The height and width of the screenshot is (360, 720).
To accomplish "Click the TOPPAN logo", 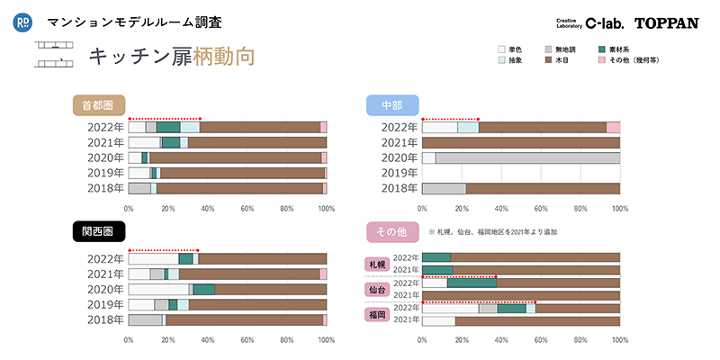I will tap(666, 23).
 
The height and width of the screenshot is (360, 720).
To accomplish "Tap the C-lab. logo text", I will tap(604, 23).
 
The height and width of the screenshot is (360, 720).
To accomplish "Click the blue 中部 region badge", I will tap(391, 104).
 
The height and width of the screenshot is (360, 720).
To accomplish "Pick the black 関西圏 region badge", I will tap(98, 231).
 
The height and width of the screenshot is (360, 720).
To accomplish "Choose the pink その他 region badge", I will tap(391, 231).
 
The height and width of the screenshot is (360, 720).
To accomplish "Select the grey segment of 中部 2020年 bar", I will tap(527, 157).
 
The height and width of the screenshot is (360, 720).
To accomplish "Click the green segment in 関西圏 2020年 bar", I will tap(204, 289).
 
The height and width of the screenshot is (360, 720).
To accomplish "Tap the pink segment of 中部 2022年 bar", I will tap(613, 127).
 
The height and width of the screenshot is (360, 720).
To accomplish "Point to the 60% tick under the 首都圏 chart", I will tap(247, 209).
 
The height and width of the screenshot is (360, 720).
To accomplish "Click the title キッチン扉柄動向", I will tap(171, 56).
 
